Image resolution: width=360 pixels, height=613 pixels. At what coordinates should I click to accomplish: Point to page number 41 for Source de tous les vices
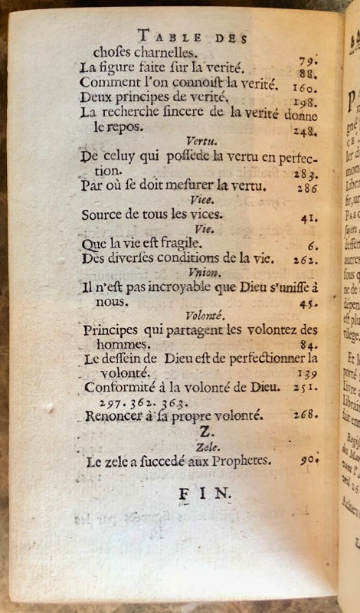click(x=309, y=218)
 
